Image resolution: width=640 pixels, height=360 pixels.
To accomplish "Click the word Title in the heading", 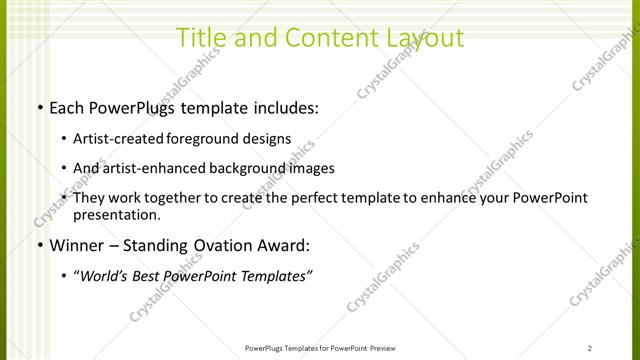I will click(197, 38).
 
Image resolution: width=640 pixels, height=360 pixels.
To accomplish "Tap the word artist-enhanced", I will click(156, 168).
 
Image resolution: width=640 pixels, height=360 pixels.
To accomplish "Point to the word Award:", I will click(286, 245).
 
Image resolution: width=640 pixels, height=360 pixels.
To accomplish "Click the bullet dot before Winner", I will click(39, 245).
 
